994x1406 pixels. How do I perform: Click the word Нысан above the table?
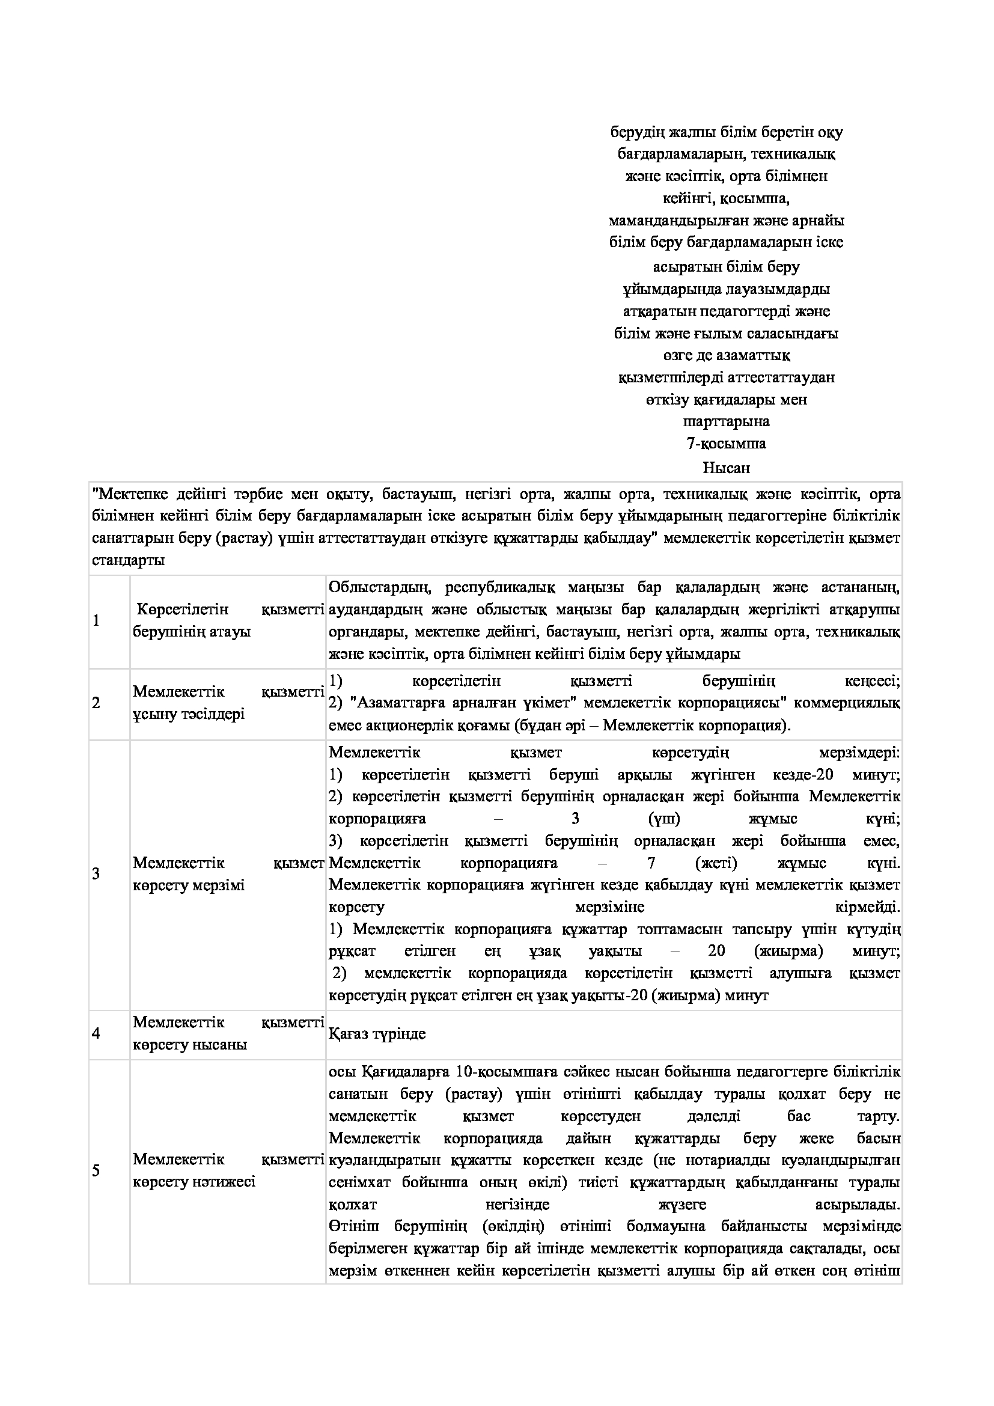click(726, 468)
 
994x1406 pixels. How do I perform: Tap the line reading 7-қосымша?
click(726, 444)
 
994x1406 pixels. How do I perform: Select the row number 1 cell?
click(96, 621)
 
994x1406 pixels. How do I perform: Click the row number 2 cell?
click(96, 703)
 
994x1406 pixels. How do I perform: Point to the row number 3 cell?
click(96, 874)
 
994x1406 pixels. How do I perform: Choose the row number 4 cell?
click(96, 1034)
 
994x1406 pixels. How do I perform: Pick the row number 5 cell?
click(96, 1171)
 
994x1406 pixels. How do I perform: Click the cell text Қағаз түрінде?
click(377, 1035)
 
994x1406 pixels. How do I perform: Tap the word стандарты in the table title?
click(128, 561)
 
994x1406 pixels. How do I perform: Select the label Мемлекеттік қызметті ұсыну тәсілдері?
click(228, 703)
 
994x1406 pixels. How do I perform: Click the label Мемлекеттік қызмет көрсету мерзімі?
click(228, 875)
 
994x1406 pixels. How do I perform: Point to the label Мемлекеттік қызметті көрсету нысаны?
click(228, 1034)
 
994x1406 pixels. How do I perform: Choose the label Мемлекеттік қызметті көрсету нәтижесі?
click(228, 1171)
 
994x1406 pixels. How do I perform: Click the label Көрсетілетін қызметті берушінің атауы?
click(228, 621)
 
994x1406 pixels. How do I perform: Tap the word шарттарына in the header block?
click(726, 421)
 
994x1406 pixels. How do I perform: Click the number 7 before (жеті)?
click(652, 863)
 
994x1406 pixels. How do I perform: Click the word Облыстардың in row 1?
click(380, 588)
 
